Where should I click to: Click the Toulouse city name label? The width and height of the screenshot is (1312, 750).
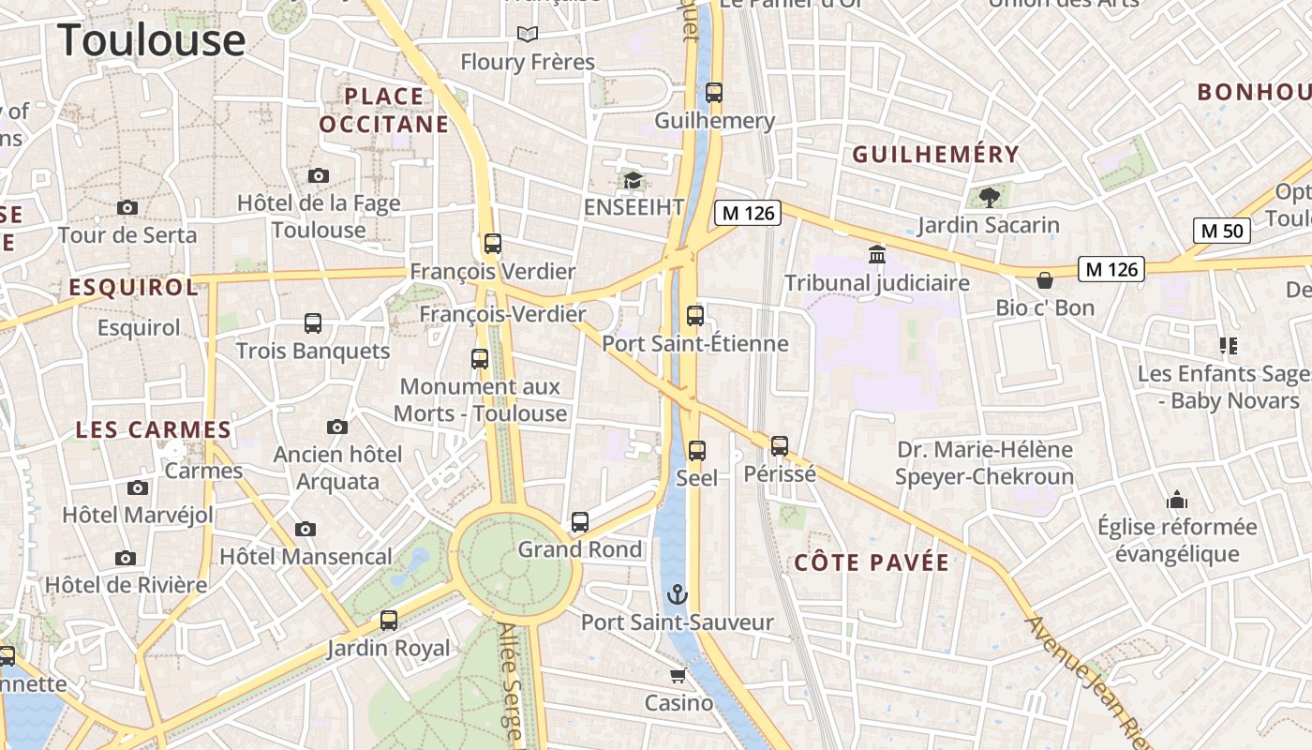pyautogui.click(x=152, y=40)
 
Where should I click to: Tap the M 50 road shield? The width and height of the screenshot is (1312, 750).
pyautogui.click(x=1222, y=230)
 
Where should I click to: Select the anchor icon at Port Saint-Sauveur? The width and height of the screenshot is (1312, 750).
pyautogui.click(x=677, y=594)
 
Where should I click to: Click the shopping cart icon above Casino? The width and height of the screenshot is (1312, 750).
pyautogui.click(x=678, y=675)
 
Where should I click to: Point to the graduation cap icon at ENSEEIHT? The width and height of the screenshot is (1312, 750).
pyautogui.click(x=634, y=179)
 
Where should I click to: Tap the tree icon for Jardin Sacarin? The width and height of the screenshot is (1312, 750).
pyautogui.click(x=989, y=197)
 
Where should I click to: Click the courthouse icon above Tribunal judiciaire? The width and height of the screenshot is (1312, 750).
pyautogui.click(x=877, y=254)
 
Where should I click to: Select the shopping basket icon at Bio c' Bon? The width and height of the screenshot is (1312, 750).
pyautogui.click(x=1045, y=279)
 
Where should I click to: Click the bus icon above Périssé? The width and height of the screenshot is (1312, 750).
pyautogui.click(x=780, y=445)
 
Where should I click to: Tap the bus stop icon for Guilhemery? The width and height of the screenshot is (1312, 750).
pyautogui.click(x=714, y=92)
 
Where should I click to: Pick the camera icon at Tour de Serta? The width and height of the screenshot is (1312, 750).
pyautogui.click(x=127, y=207)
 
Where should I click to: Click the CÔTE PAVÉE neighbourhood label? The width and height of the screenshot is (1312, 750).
pyautogui.click(x=872, y=562)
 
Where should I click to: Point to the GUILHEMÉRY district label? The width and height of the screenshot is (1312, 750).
pyautogui.click(x=934, y=155)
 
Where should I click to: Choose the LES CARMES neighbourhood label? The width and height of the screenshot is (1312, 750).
pyautogui.click(x=153, y=430)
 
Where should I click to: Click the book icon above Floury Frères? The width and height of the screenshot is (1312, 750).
pyautogui.click(x=528, y=35)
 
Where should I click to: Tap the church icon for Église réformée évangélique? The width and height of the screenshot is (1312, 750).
pyautogui.click(x=1176, y=499)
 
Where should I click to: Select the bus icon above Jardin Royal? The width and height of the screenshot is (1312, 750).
pyautogui.click(x=389, y=620)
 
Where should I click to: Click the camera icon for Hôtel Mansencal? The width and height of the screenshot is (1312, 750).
pyautogui.click(x=306, y=529)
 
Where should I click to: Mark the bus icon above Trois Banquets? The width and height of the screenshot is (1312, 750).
pyautogui.click(x=313, y=323)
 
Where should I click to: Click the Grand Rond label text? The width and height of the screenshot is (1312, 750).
pyautogui.click(x=580, y=549)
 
